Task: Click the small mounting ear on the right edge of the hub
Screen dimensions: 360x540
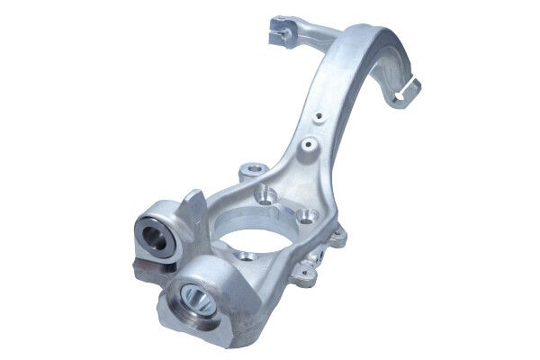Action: tap(338, 236)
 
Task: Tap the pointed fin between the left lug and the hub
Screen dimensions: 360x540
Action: tap(192, 203)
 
